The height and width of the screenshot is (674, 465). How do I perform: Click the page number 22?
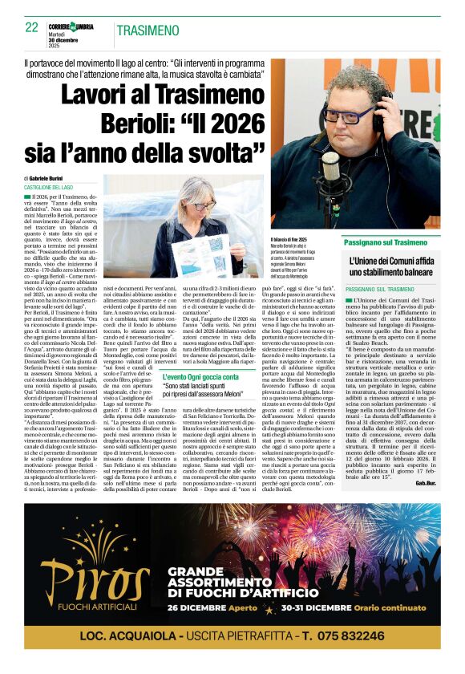click(x=32, y=27)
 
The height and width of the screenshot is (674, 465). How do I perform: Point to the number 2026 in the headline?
click(x=236, y=124)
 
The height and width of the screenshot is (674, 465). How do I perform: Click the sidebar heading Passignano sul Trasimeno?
click(x=386, y=242)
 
